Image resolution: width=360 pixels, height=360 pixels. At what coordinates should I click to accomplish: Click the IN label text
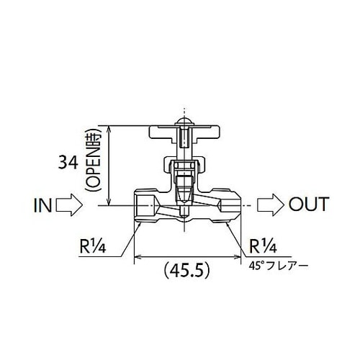43,204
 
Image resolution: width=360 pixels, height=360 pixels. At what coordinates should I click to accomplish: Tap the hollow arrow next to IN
69,204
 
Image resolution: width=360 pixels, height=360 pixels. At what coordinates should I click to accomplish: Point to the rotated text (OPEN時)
92,166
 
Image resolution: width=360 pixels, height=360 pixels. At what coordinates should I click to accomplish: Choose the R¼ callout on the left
93,246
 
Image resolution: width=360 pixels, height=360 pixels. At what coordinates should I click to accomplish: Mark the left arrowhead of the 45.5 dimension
138,256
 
